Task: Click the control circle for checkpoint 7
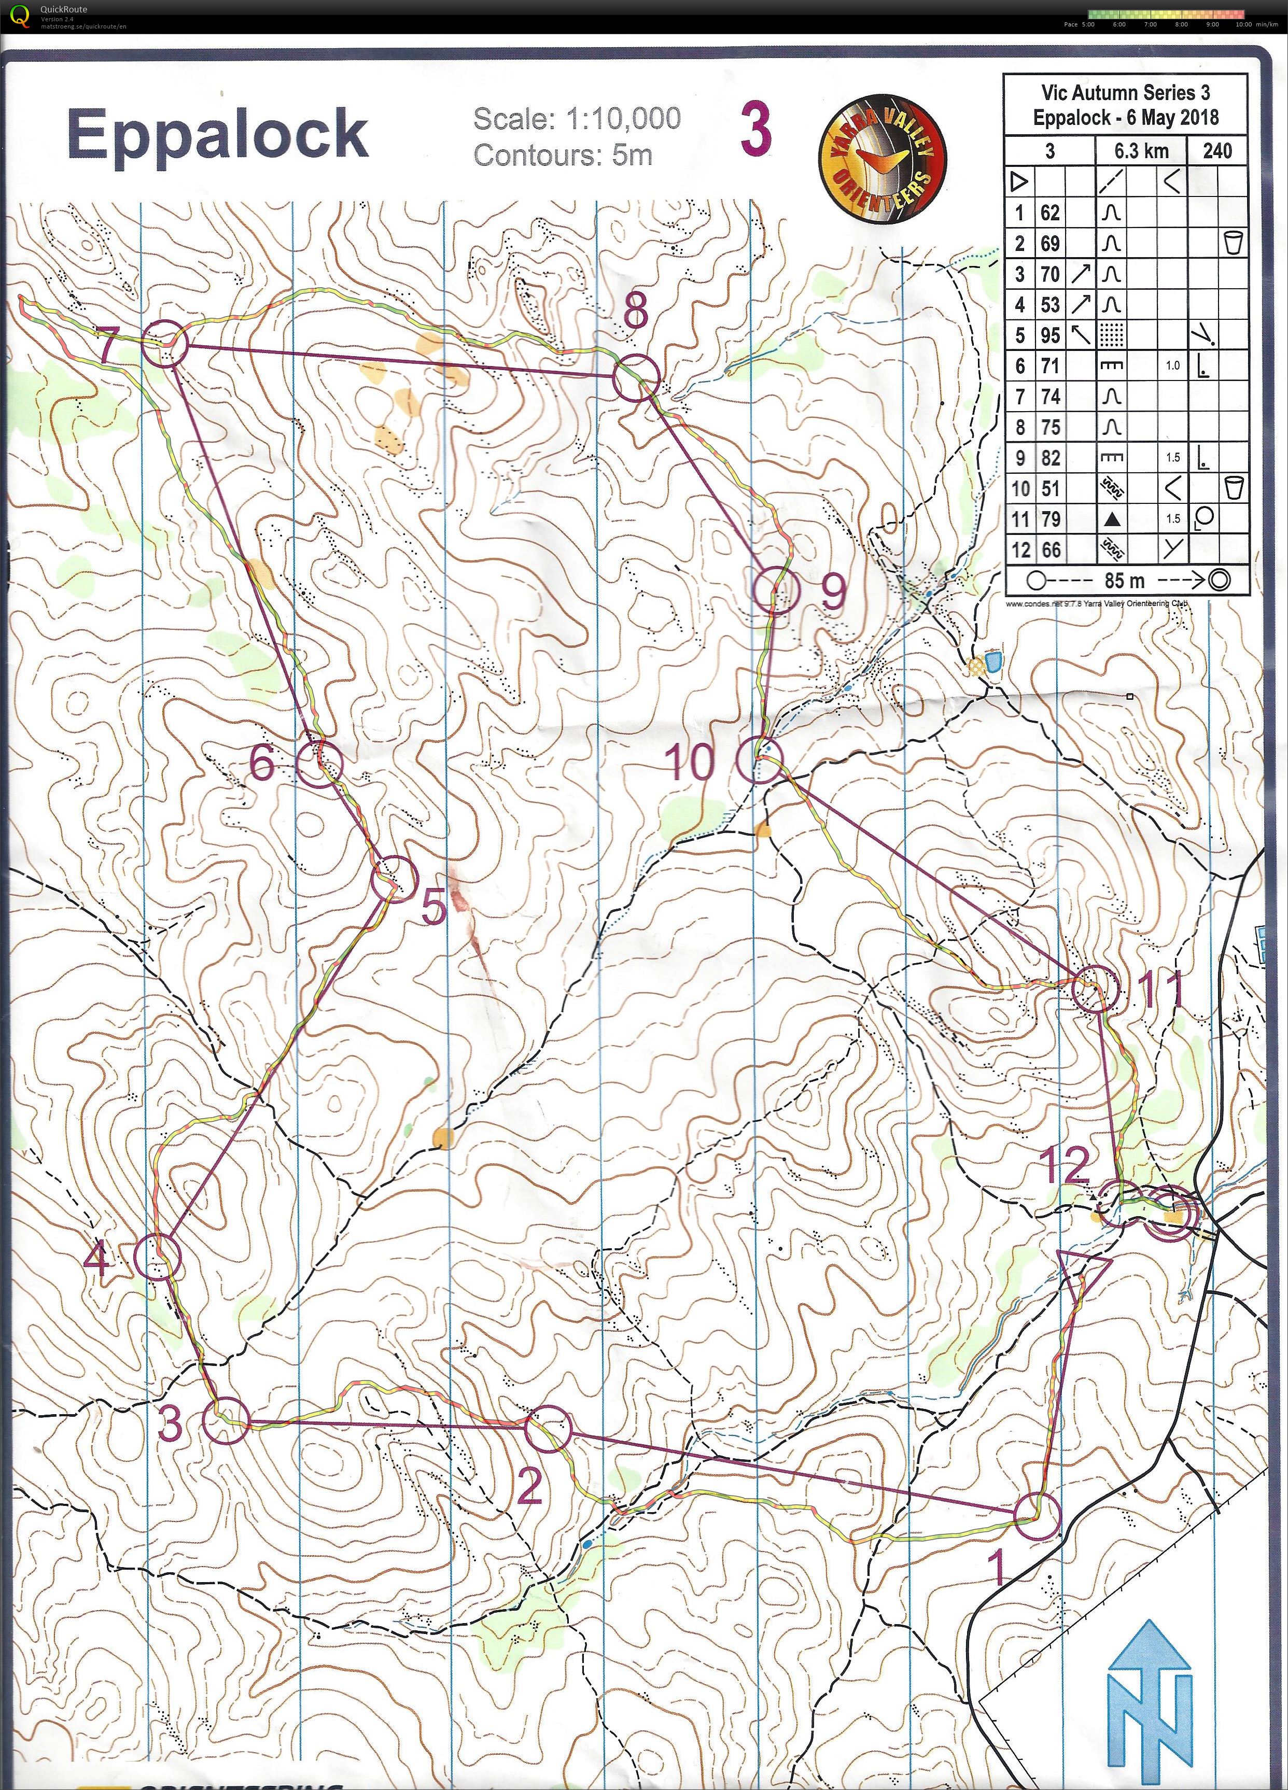pyautogui.click(x=165, y=343)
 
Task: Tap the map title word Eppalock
pyautogui.click(x=218, y=134)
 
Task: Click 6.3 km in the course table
pyautogui.click(x=1142, y=151)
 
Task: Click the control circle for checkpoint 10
pyautogui.click(x=759, y=759)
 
